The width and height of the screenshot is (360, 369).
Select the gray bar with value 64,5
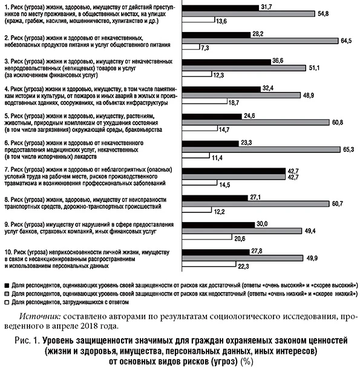[260, 41]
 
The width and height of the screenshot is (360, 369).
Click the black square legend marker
[6, 283]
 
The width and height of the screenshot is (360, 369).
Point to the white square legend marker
[6, 301]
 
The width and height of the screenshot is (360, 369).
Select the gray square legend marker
[6, 292]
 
